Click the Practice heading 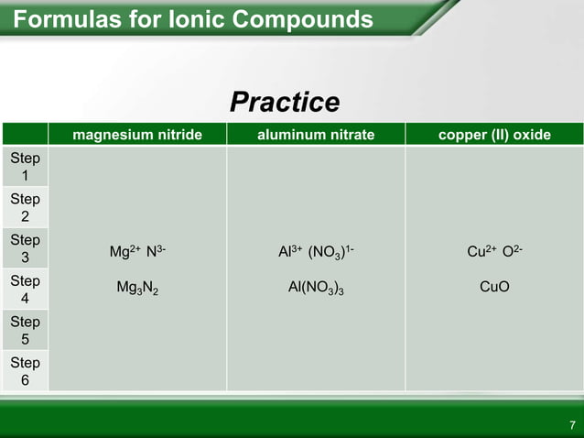285,103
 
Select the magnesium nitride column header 137,136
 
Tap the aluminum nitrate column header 315,136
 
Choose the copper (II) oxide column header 494,136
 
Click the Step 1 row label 25,167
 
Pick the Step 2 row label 25,208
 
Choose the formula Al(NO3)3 315,288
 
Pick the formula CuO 494,287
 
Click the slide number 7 571,425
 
